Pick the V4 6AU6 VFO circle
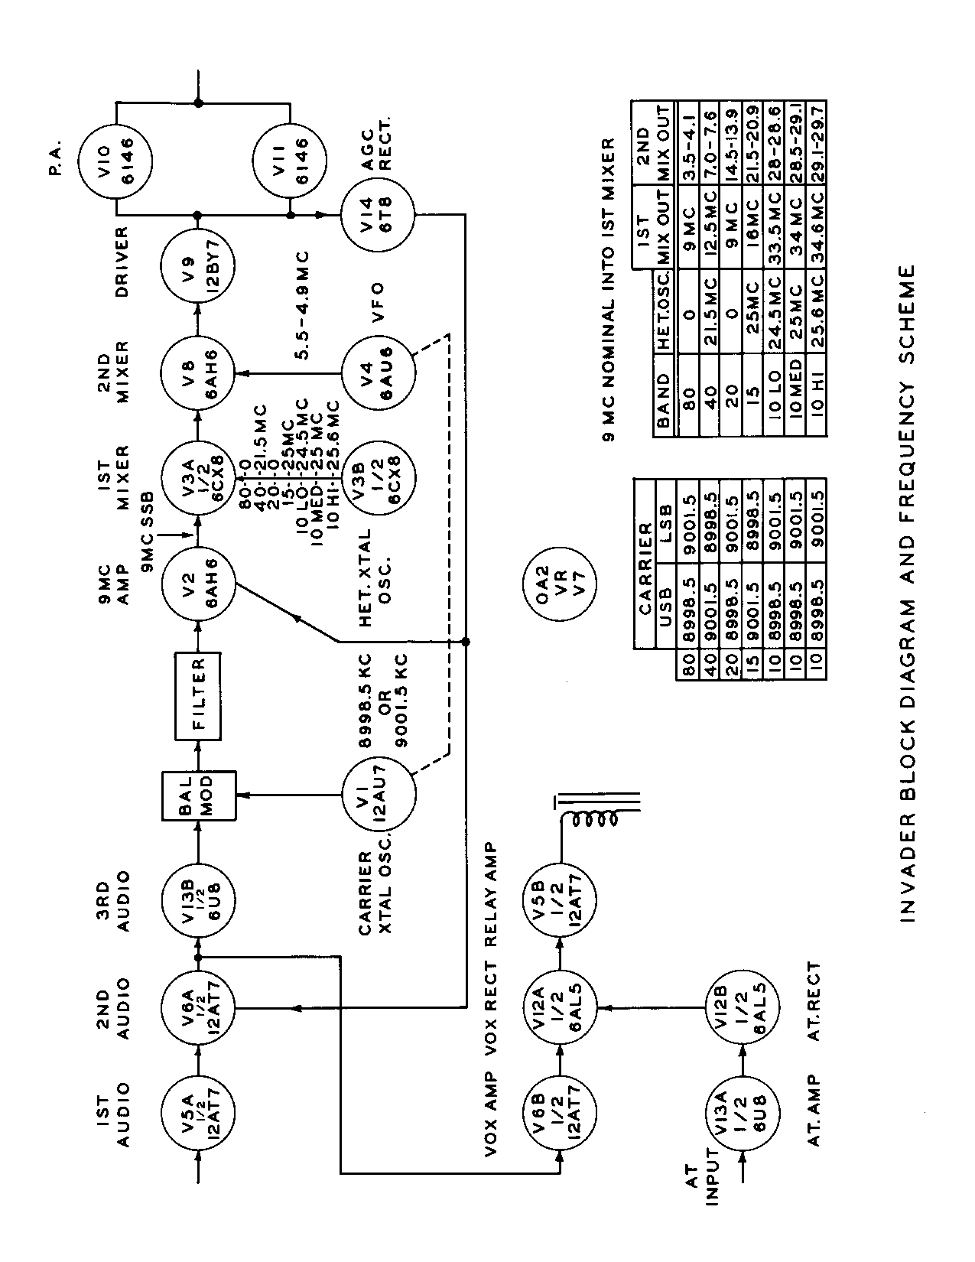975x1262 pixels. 378,372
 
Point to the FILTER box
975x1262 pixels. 197,696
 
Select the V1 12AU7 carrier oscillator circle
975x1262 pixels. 378,796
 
